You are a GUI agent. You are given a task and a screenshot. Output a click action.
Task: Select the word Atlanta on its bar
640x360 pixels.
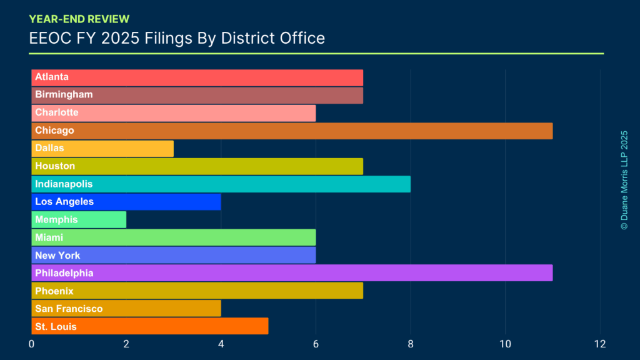52,77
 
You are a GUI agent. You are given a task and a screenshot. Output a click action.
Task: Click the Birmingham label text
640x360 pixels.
64,95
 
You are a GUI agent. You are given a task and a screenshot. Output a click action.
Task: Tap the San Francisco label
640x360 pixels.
69,309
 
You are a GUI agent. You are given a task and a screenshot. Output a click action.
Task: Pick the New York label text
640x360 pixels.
57,256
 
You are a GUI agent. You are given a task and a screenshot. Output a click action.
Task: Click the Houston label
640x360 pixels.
55,166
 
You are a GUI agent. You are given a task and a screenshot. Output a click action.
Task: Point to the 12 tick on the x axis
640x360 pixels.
600,344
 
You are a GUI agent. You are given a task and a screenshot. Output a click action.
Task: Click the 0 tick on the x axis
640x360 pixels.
32,344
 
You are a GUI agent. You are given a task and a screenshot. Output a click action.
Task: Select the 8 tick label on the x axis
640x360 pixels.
411,344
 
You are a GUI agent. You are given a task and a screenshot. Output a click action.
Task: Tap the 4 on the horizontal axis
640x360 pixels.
221,344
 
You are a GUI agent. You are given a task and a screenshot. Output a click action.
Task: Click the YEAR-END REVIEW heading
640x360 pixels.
79,19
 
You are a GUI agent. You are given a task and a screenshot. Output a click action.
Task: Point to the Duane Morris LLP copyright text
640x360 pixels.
624,180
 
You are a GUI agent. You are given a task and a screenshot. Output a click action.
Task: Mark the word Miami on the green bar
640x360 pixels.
49,237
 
